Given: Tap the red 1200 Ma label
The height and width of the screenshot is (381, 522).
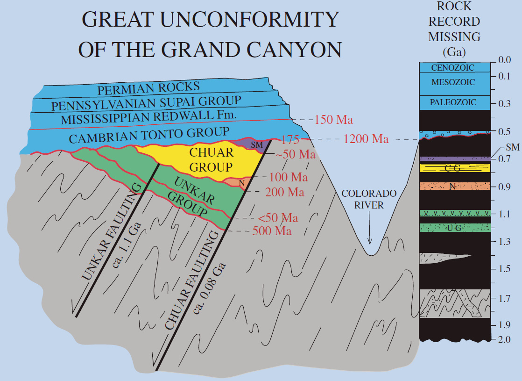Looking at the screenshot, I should point(366,139).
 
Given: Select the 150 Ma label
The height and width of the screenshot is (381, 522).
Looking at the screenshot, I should point(333,120).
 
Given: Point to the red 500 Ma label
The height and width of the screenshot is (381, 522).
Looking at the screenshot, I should point(272,231).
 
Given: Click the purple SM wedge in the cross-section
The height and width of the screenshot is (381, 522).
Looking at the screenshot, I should point(258,145).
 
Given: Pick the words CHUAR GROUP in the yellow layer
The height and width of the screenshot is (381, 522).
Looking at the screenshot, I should point(211,159).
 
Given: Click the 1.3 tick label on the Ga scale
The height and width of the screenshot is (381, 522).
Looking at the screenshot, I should point(504,242).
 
